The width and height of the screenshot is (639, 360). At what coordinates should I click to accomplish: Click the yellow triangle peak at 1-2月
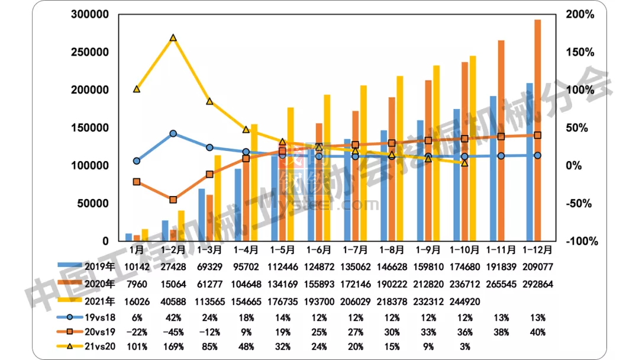click(x=173, y=38)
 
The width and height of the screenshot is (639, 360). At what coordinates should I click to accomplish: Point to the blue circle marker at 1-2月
click(x=173, y=134)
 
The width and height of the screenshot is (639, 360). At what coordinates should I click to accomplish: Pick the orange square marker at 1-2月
click(x=173, y=200)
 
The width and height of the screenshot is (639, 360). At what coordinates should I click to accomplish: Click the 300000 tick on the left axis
click(x=89, y=14)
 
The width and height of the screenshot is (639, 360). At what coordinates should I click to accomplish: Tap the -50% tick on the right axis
click(x=581, y=204)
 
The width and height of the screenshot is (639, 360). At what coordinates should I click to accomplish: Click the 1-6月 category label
click(x=318, y=250)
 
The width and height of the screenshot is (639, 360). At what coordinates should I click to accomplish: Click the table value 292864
click(x=537, y=284)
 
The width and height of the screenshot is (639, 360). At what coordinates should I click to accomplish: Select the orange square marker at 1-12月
click(x=537, y=136)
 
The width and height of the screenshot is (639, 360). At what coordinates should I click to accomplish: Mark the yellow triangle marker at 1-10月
click(x=464, y=163)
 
